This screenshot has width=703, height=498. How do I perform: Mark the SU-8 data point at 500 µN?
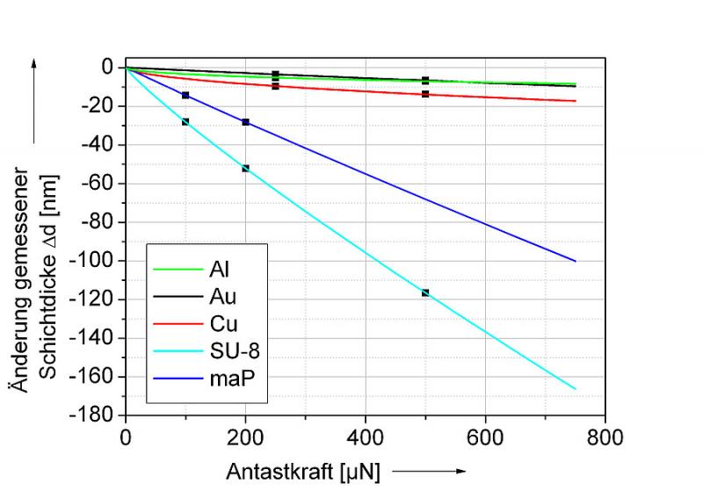pos(425,292)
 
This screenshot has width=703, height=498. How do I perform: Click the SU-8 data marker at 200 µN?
pos(246,168)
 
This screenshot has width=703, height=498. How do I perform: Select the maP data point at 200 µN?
pos(246,122)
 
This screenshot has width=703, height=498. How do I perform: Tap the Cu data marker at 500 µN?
pos(425,94)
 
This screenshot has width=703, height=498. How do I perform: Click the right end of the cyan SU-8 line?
pos(576,388)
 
